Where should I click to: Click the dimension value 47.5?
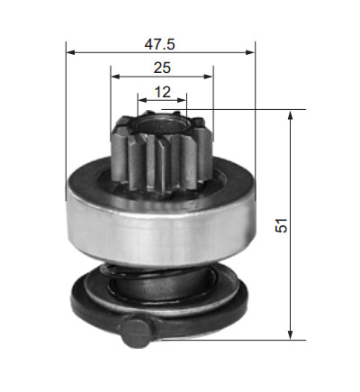click(x=159, y=44)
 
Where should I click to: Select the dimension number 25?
click(x=162, y=68)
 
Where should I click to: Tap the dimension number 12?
click(x=162, y=92)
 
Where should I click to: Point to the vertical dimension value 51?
click(x=282, y=225)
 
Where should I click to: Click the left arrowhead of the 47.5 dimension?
click(x=70, y=52)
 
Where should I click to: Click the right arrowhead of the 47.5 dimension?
click(x=250, y=52)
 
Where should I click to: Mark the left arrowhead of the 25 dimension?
click(x=115, y=77)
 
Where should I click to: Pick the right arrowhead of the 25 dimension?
click(x=208, y=77)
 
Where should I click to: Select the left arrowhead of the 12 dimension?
click(x=142, y=100)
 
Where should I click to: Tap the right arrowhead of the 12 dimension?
click(x=182, y=100)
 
